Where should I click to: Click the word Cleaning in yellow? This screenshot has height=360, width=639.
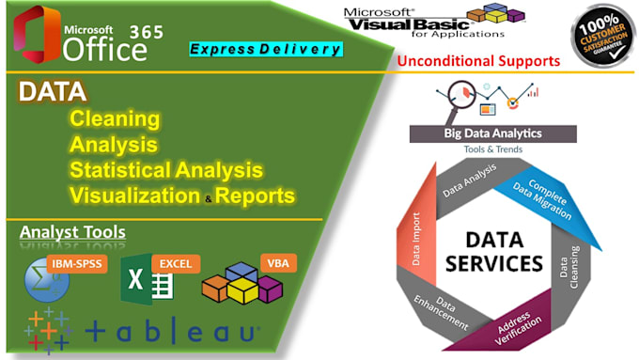[114, 120]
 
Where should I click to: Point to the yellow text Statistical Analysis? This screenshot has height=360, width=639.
[165, 170]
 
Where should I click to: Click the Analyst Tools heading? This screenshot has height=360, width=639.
[72, 232]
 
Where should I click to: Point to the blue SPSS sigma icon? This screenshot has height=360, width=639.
[43, 281]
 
